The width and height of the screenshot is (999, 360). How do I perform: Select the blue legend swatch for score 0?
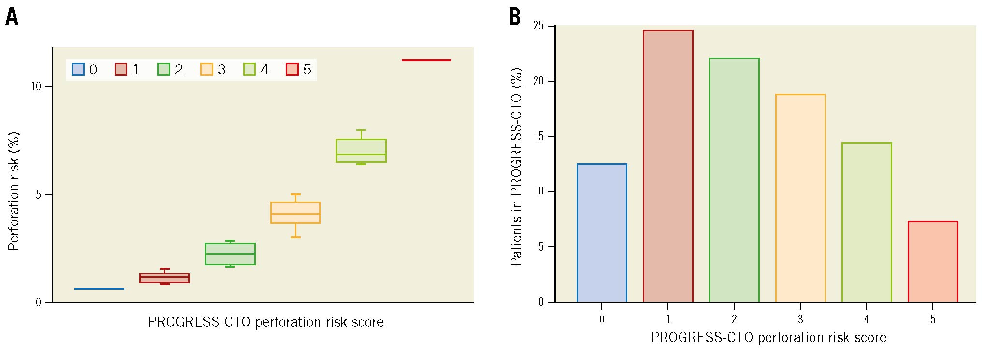(78, 70)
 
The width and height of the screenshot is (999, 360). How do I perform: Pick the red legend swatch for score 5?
(292, 70)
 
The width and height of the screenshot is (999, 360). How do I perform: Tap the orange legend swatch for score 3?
(206, 70)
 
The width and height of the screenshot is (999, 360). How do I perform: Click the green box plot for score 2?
(230, 254)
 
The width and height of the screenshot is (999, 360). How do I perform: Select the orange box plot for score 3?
(295, 213)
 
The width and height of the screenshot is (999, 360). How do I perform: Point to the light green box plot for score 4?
(361, 151)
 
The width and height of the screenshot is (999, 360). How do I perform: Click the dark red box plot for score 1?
(164, 278)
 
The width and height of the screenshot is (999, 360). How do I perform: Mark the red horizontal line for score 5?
(426, 60)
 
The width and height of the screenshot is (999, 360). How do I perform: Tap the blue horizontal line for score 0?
(99, 289)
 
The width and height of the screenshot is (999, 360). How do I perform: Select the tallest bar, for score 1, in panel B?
(668, 167)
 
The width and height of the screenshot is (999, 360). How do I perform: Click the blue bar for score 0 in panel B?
(602, 233)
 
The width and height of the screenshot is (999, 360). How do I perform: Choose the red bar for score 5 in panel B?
(933, 262)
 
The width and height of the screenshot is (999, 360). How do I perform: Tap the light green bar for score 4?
(867, 222)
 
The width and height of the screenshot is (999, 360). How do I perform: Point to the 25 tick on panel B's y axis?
(538, 26)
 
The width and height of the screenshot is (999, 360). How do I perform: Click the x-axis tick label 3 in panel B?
(800, 319)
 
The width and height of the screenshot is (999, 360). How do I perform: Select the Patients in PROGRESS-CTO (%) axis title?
(516, 167)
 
